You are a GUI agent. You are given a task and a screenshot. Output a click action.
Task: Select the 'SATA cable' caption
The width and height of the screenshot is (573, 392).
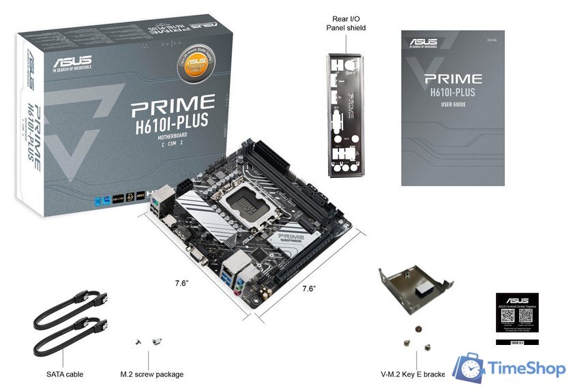coord(65,374)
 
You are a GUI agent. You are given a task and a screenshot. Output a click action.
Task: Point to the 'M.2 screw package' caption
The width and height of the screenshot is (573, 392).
coord(151,374)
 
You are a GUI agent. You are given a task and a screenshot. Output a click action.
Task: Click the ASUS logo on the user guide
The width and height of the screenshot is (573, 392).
coord(424,42)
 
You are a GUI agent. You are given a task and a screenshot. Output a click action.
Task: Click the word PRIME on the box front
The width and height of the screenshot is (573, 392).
coord(173,104)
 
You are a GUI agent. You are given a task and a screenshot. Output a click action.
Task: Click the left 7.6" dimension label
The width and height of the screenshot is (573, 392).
coord(181,283)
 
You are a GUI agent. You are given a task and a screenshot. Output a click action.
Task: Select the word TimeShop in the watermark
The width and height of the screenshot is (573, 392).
coord(526,369)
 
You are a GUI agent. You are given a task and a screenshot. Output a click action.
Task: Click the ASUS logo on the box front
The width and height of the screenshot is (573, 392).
coord(71,59)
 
